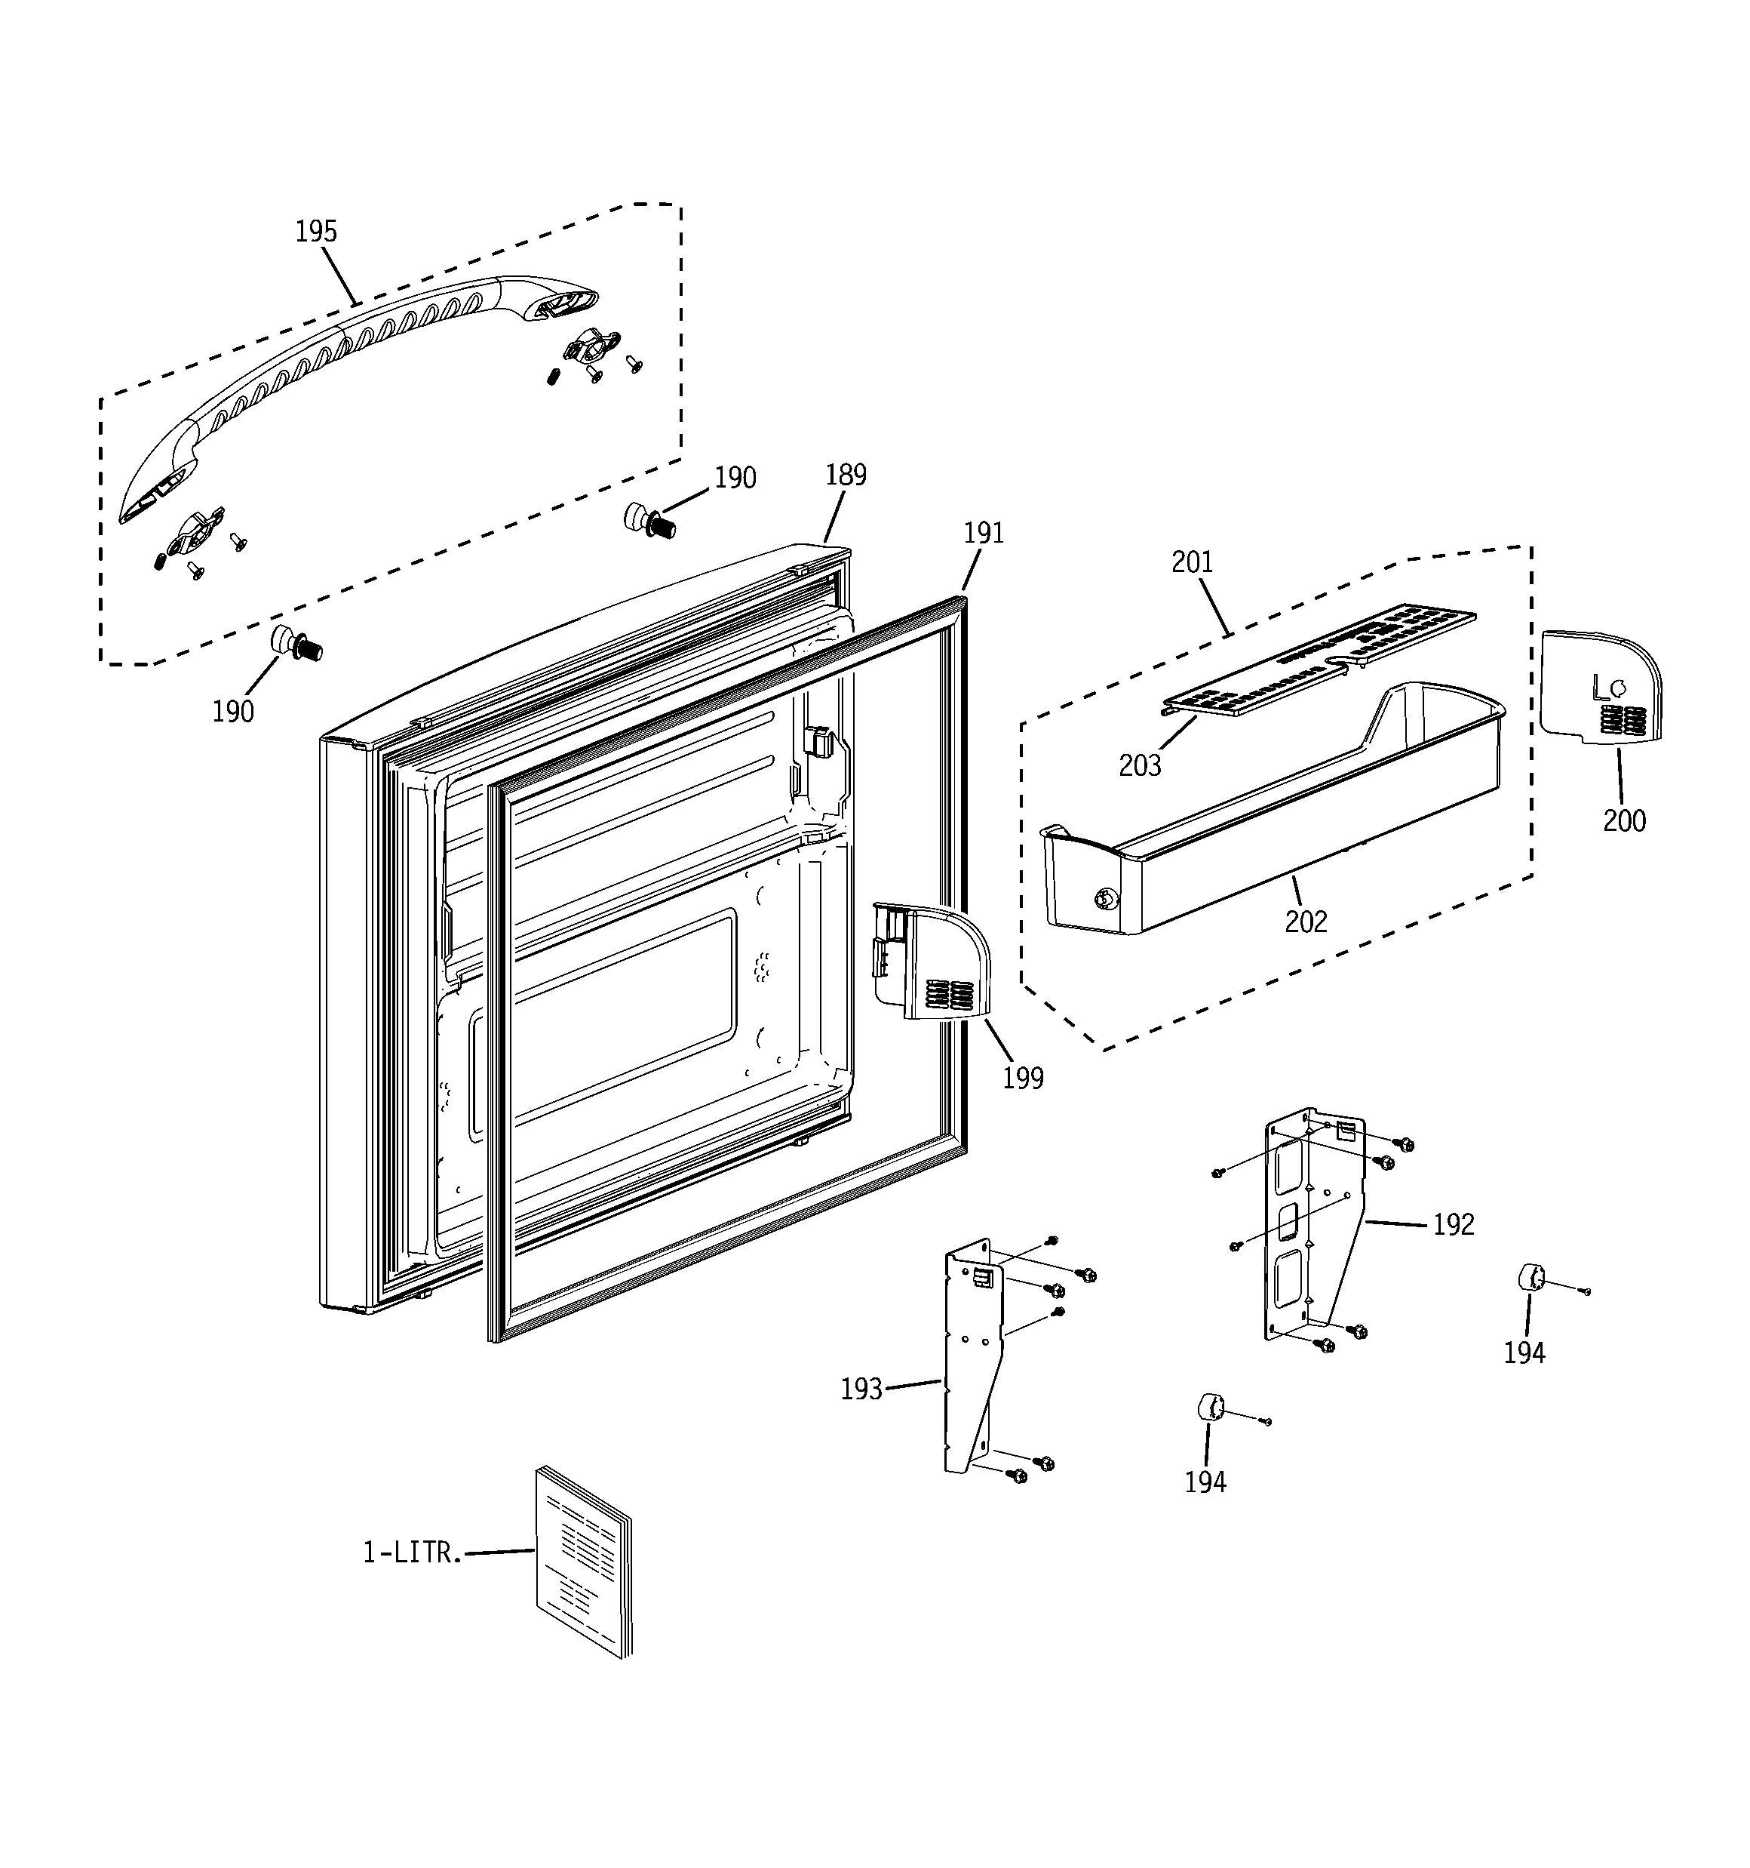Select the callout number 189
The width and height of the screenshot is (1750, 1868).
[846, 475]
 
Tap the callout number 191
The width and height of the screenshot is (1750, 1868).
[984, 534]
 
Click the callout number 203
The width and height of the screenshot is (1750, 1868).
[1140, 767]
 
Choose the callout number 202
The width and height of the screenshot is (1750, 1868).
[1306, 922]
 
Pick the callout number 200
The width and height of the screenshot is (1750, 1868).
[1624, 821]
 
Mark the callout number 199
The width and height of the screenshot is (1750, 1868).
[1023, 1079]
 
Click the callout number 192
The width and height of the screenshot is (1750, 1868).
[1453, 1224]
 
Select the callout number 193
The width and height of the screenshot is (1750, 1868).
[861, 1389]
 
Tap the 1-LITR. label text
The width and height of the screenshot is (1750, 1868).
[413, 1553]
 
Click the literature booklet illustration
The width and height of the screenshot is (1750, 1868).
[582, 1560]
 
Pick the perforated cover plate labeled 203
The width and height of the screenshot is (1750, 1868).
[1315, 663]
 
